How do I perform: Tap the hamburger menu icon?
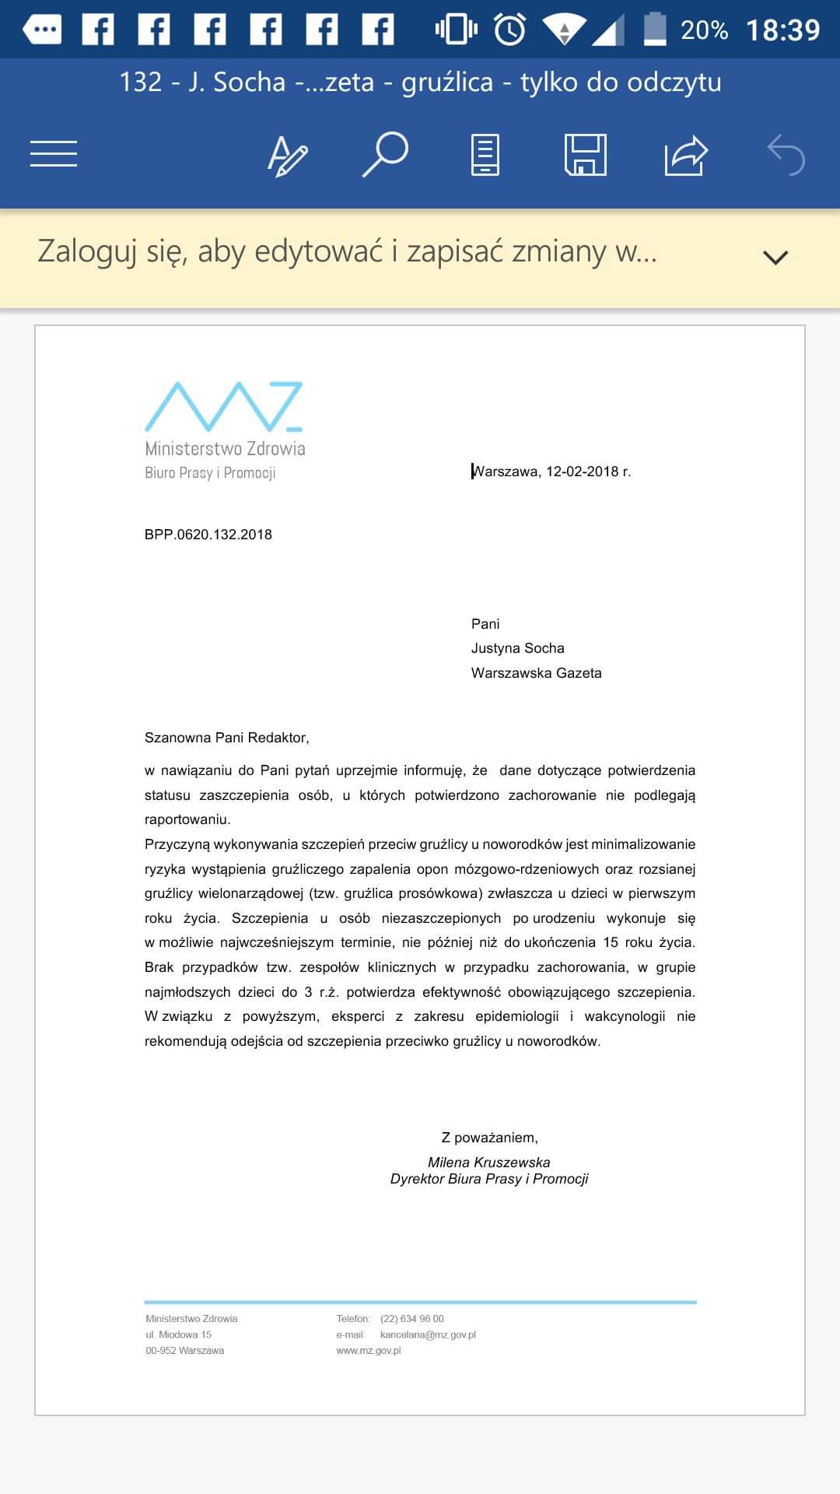[x=54, y=153]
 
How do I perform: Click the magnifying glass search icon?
[x=385, y=154]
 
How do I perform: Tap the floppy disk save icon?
[x=585, y=154]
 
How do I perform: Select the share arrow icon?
[x=685, y=155]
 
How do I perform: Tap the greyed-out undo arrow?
[x=786, y=155]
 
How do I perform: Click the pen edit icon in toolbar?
[x=287, y=155]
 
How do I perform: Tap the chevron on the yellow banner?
[x=775, y=257]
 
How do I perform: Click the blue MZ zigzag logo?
[x=224, y=406]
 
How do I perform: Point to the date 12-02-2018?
[x=582, y=472]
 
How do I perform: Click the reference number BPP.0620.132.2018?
[x=208, y=535]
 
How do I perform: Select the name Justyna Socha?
[x=518, y=648]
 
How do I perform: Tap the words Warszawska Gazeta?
[x=537, y=673]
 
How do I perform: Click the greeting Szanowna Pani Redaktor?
[x=226, y=738]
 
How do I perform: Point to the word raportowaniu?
[x=187, y=819]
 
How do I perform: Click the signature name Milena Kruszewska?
[x=489, y=1163]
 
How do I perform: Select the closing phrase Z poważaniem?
[x=490, y=1138]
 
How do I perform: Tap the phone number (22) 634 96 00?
[x=412, y=1319]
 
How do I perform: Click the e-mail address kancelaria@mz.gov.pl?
[x=428, y=1334]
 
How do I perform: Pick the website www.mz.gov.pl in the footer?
[x=369, y=1351]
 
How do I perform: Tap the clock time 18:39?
[x=782, y=30]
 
